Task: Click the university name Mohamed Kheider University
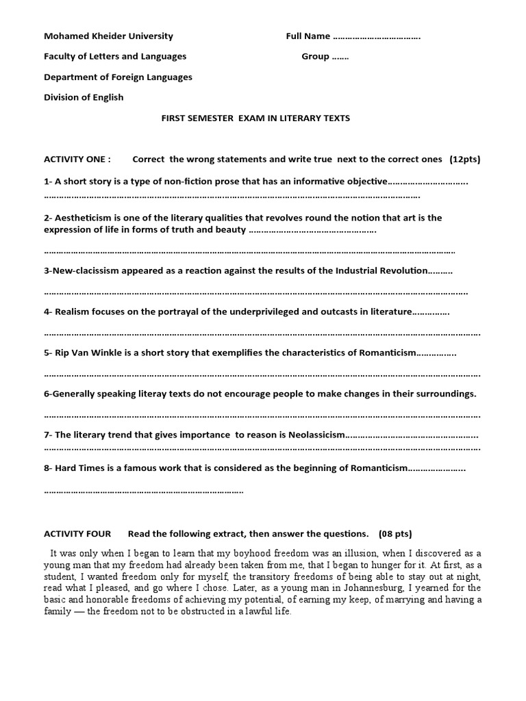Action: [x=108, y=36]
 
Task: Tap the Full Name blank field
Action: [x=377, y=36]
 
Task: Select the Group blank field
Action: [x=340, y=57]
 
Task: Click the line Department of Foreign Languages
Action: [x=118, y=77]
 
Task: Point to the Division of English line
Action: [x=84, y=97]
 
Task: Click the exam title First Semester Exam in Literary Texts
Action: [x=255, y=118]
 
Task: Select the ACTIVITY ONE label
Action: [x=77, y=160]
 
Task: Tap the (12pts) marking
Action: [x=465, y=160]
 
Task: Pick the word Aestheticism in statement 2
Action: [x=82, y=218]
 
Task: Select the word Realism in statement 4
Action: [x=73, y=311]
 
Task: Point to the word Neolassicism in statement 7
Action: [x=312, y=435]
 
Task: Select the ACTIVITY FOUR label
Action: [x=77, y=534]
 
